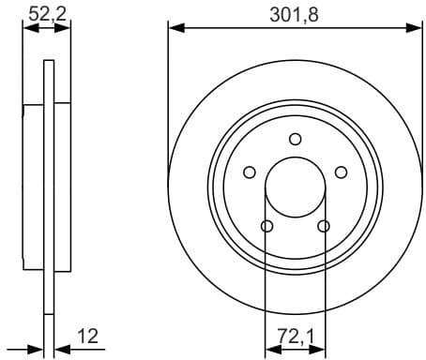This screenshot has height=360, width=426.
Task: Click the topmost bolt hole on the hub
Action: point(295,140)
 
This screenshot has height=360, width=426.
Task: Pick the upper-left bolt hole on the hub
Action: point(249,172)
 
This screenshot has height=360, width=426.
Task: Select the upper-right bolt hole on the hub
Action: point(341,172)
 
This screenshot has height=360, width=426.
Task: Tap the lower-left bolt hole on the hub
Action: point(266,226)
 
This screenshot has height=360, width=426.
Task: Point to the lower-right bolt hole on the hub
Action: point(324,226)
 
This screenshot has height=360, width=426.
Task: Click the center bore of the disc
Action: point(295,187)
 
